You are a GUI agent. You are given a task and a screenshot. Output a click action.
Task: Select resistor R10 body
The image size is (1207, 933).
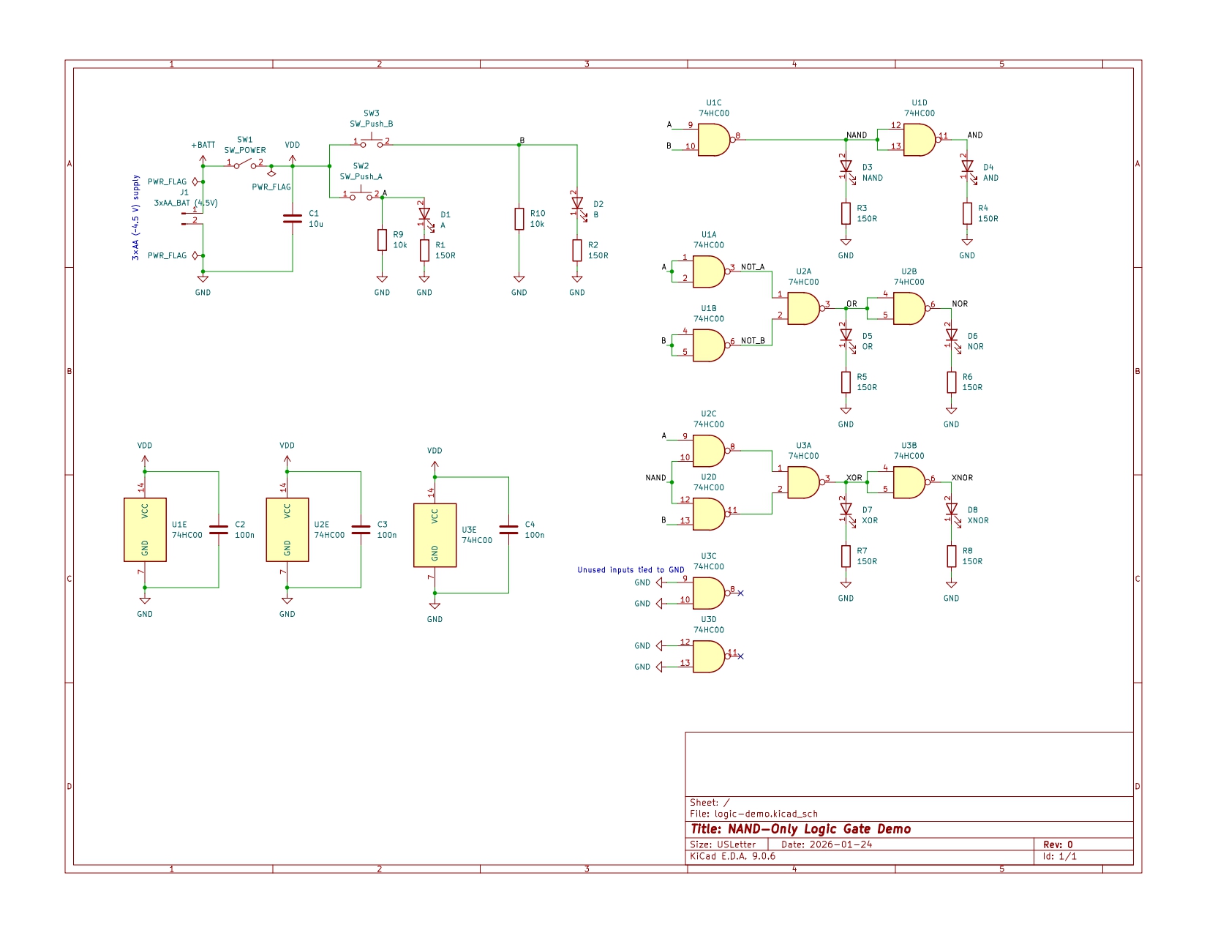click(519, 219)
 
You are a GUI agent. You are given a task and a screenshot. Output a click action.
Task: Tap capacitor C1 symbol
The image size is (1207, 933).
click(293, 219)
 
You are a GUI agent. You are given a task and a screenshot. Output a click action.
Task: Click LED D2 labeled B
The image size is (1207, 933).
click(577, 203)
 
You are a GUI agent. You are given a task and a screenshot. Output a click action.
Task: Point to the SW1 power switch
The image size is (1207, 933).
click(244, 165)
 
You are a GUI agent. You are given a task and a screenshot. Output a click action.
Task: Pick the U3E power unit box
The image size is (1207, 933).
click(435, 535)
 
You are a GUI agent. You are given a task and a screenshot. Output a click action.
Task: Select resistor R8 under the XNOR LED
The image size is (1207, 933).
click(951, 556)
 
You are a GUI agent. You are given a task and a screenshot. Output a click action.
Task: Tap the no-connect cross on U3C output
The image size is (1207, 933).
click(740, 593)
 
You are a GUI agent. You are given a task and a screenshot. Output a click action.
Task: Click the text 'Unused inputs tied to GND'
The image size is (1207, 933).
click(631, 570)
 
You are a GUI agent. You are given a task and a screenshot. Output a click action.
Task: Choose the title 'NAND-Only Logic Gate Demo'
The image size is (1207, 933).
click(801, 829)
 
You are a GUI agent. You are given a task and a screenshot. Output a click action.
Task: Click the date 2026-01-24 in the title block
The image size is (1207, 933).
click(841, 844)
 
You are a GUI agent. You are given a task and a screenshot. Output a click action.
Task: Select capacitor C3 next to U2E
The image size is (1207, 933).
click(361, 530)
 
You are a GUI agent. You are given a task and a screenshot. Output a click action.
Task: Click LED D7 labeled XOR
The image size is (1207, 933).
click(846, 509)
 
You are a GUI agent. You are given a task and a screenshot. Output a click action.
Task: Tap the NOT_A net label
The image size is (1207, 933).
click(753, 267)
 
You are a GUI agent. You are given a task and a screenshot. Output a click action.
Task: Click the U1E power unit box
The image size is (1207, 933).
click(145, 530)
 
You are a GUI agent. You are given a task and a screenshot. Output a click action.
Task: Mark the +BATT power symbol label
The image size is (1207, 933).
click(203, 146)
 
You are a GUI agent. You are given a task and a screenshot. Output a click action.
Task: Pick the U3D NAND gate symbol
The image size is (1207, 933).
click(708, 656)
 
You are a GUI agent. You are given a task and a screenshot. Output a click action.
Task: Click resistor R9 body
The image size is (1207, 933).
click(382, 240)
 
